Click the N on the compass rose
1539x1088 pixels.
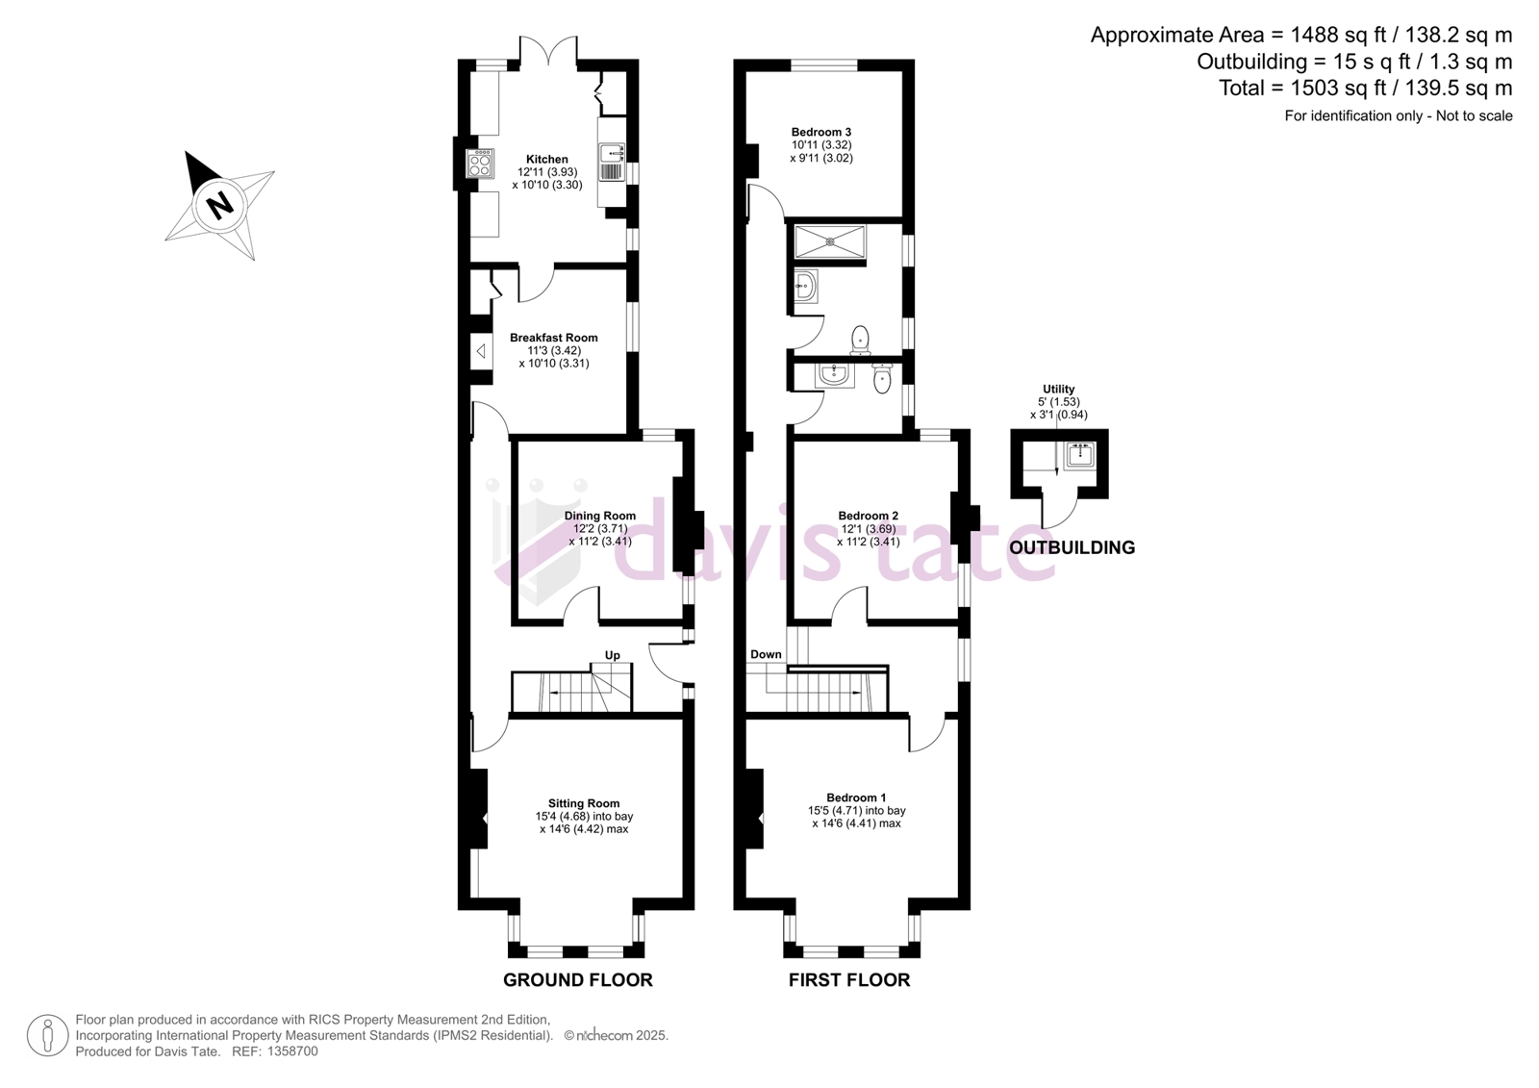220,205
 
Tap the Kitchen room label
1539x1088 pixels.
547,160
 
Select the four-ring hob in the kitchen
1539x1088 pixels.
480,164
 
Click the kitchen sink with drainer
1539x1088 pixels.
612,163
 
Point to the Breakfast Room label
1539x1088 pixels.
554,338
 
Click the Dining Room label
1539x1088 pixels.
600,516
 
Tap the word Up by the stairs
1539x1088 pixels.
612,655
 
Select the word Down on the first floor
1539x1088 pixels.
766,654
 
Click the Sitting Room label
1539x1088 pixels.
584,802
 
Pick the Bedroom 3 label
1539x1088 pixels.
821,132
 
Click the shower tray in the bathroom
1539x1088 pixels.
831,241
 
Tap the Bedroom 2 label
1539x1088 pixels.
868,516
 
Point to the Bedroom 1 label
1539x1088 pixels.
856,797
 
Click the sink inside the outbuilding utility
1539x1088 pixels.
1080,456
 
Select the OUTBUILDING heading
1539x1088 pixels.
1072,547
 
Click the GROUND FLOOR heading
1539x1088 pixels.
578,980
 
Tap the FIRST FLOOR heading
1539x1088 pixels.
849,980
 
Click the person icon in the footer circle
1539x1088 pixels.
47,1035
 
